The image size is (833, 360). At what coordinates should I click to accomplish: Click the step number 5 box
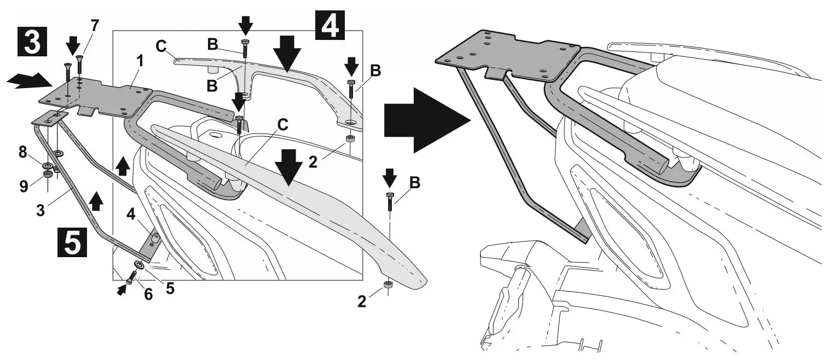click(x=71, y=242)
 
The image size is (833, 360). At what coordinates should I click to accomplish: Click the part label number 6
click(x=148, y=294)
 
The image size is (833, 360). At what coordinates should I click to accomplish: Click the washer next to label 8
click(x=48, y=165)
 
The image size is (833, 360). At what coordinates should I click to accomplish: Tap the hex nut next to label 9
click(x=48, y=175)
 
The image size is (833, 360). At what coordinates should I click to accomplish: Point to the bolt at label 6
click(x=132, y=277)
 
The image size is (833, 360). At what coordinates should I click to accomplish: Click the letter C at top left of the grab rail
click(x=161, y=47)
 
